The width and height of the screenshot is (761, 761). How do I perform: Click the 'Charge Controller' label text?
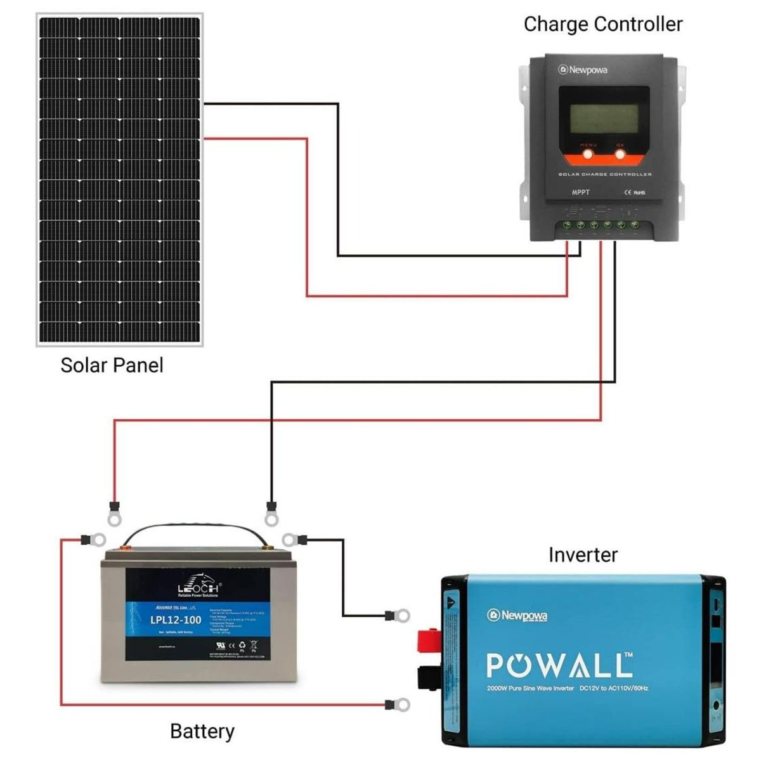[x=602, y=25]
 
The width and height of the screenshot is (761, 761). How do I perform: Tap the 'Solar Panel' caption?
[x=112, y=365]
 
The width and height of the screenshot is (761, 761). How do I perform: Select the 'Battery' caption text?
[x=202, y=731]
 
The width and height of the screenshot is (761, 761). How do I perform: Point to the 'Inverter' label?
[x=582, y=555]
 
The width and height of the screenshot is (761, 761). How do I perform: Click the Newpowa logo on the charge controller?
[x=583, y=70]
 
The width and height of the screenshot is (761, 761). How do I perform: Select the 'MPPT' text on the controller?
[x=580, y=192]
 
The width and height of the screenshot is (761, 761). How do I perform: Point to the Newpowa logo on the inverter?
[x=517, y=615]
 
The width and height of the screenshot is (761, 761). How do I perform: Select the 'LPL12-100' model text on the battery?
[x=176, y=620]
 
